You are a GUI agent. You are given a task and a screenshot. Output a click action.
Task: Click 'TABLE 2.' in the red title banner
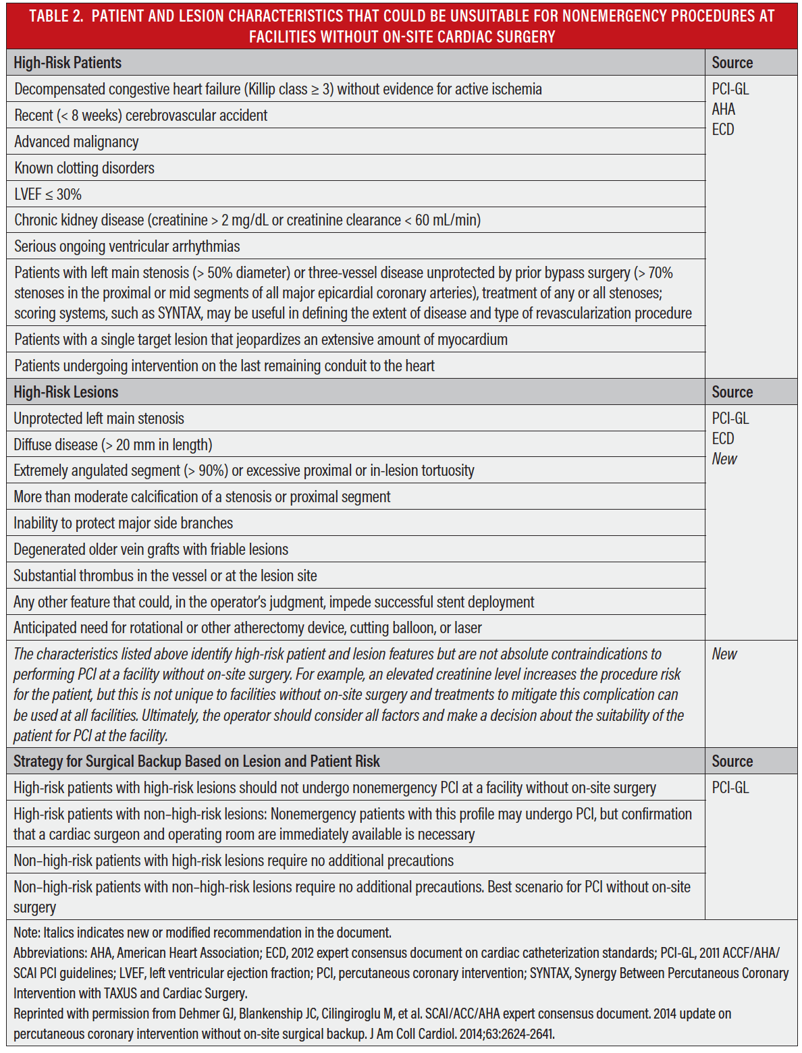click(x=56, y=16)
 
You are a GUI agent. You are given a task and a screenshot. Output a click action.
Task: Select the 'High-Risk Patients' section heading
click(x=68, y=63)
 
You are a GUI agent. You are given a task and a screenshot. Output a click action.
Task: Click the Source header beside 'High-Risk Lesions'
click(x=732, y=392)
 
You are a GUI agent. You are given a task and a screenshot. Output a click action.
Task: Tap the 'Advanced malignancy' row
click(x=76, y=142)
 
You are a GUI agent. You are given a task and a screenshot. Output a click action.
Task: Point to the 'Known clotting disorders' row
click(x=84, y=168)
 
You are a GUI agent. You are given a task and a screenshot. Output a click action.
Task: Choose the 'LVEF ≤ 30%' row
click(x=48, y=194)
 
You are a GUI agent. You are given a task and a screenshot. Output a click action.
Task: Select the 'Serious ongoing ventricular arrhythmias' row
click(x=127, y=246)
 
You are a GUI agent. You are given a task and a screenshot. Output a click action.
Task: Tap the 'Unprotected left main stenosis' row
click(x=99, y=418)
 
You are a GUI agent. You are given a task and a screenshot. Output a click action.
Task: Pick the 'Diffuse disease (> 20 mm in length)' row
click(x=113, y=445)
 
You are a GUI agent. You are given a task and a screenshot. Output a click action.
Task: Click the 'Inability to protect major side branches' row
click(x=123, y=523)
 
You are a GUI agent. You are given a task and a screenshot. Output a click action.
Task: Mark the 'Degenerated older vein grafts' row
click(x=151, y=549)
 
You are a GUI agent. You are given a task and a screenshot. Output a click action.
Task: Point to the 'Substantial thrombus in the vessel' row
click(x=165, y=576)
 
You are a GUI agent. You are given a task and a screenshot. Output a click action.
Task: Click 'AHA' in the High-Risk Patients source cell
click(x=723, y=109)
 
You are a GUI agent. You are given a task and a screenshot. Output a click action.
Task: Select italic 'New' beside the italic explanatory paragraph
click(x=724, y=654)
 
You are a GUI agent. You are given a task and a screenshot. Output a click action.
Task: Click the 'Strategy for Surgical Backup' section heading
click(x=196, y=761)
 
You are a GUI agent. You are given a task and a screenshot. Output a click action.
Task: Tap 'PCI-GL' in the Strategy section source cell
click(x=730, y=788)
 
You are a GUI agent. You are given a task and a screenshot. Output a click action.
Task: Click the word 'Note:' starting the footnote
click(x=27, y=933)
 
